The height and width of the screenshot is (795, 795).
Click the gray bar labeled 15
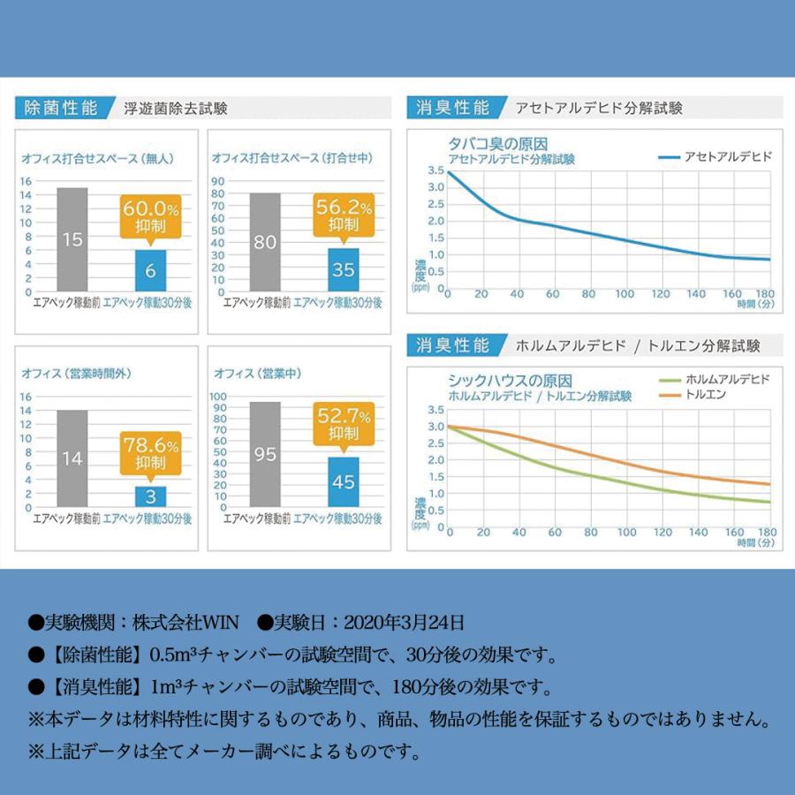tap(72, 239)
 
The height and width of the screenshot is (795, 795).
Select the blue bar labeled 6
tap(150, 270)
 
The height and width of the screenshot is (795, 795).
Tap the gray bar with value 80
tap(265, 241)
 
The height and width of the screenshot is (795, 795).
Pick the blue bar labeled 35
tap(343, 269)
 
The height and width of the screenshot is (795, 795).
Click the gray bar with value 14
tap(72, 458)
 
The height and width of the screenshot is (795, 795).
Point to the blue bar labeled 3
tap(150, 496)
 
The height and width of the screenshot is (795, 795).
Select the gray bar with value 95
tap(265, 454)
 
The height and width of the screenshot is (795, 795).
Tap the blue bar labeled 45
tap(343, 481)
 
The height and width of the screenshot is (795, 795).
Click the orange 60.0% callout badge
tap(150, 217)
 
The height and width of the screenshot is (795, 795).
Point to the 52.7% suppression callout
tap(343, 423)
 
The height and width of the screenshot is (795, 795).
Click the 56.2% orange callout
tap(343, 216)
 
